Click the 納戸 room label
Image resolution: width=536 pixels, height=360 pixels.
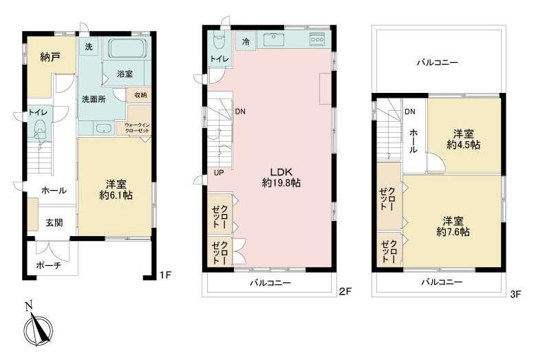pos(50,57)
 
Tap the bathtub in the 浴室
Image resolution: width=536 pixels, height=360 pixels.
pos(127,48)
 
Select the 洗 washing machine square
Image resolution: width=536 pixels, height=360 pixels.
pos(89,46)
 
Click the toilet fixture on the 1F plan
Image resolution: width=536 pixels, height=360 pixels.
pos(40,130)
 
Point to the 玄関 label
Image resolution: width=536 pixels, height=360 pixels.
pos(54,222)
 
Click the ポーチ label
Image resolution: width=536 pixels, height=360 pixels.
pos(48,265)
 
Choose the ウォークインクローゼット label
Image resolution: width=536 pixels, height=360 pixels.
pos(137,128)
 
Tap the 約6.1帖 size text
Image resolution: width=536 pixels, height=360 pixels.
pos(116,195)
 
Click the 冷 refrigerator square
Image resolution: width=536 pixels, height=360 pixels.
pos(246,41)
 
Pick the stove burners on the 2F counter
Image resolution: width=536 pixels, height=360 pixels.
pos(317,39)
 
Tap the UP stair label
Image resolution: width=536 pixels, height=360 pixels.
pos(219,173)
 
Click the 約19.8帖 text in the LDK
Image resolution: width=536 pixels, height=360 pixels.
pos(281,183)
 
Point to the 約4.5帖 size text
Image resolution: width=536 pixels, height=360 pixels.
pos(464,145)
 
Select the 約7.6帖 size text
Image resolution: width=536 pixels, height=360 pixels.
pos(453,232)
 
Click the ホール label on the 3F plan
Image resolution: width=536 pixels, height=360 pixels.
pos(413,140)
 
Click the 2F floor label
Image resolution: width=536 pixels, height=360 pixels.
pos(345,291)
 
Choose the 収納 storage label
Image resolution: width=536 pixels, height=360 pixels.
pos(140,95)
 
